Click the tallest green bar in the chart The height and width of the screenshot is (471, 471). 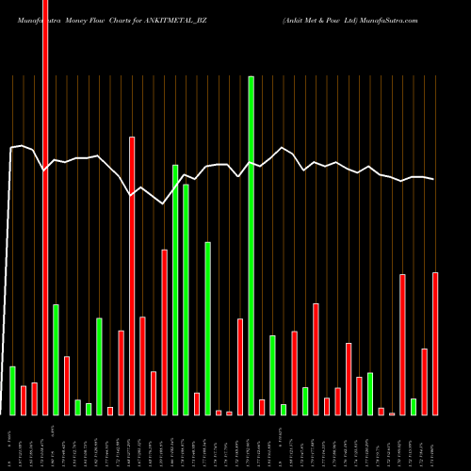click(x=252, y=245)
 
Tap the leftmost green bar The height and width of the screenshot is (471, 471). click(x=12, y=390)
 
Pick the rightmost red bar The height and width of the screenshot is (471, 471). click(x=435, y=344)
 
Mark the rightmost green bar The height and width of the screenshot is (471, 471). click(x=414, y=407)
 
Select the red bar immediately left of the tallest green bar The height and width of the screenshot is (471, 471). click(x=240, y=366)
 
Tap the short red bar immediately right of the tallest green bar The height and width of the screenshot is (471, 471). click(x=262, y=407)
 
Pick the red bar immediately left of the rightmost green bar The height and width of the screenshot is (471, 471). click(x=402, y=345)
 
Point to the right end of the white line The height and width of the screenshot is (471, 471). click(x=434, y=179)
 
